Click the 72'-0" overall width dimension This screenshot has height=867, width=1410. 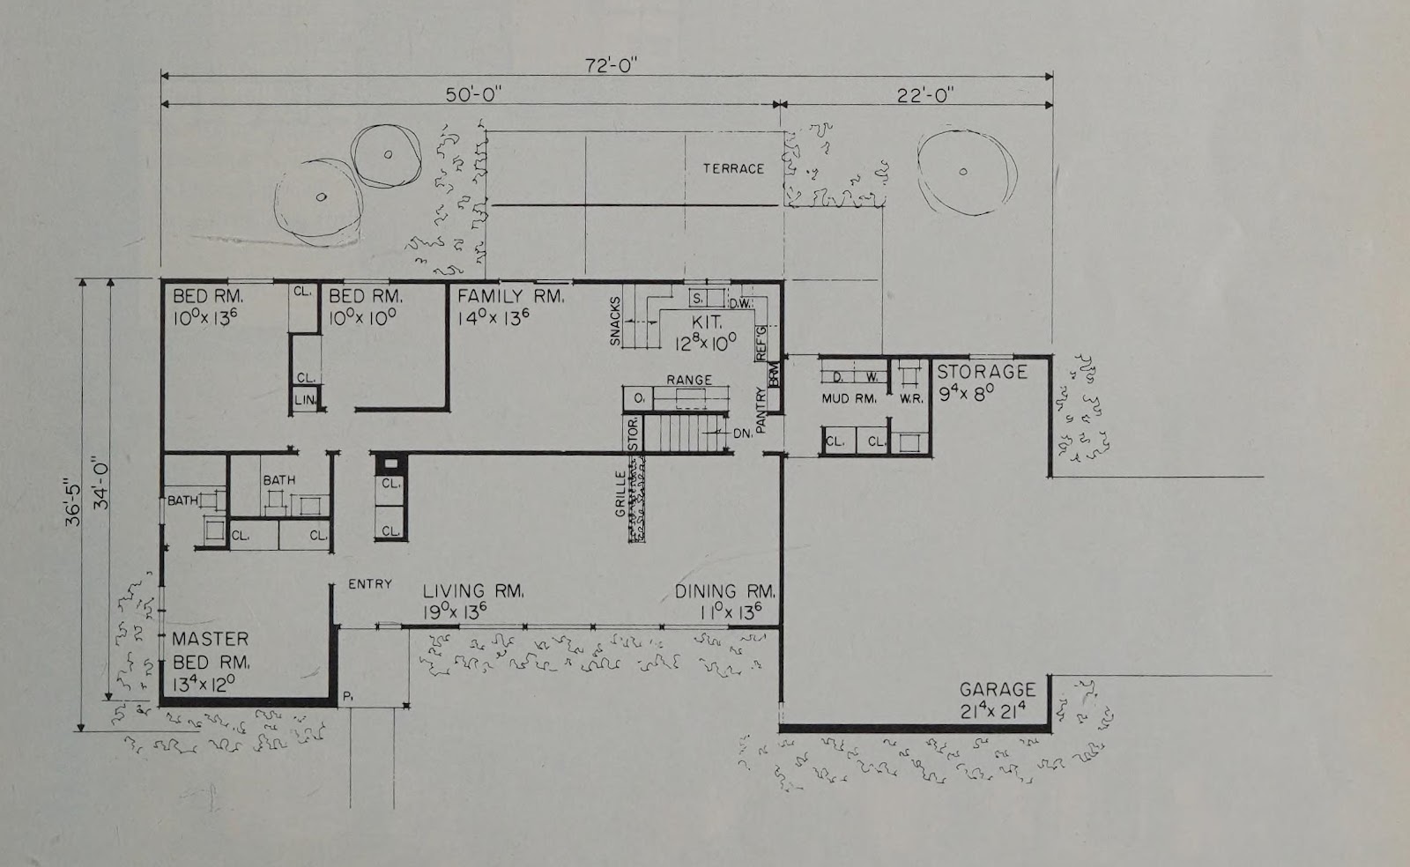click(612, 65)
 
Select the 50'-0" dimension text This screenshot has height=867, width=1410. click(474, 95)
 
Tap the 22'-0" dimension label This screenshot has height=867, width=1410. click(924, 96)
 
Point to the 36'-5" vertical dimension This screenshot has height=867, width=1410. click(74, 505)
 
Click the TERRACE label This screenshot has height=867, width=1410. click(733, 168)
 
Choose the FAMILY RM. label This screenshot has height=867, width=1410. click(510, 296)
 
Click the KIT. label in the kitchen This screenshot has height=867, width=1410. click(706, 322)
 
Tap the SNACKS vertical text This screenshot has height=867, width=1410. click(615, 321)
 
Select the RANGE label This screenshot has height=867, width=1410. click(689, 380)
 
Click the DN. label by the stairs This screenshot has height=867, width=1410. click(743, 433)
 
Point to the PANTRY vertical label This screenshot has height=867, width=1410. click(761, 411)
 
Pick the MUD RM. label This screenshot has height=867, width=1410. click(850, 399)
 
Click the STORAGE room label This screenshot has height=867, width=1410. click(982, 372)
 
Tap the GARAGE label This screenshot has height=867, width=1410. click(997, 690)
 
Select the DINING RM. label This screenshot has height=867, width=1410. click(725, 591)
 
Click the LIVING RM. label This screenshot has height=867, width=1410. click(472, 591)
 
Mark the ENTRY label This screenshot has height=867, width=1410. click(370, 584)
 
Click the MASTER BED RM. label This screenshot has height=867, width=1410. click(211, 650)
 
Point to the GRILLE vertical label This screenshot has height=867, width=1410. click(620, 494)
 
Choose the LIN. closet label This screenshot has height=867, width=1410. click(305, 399)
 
